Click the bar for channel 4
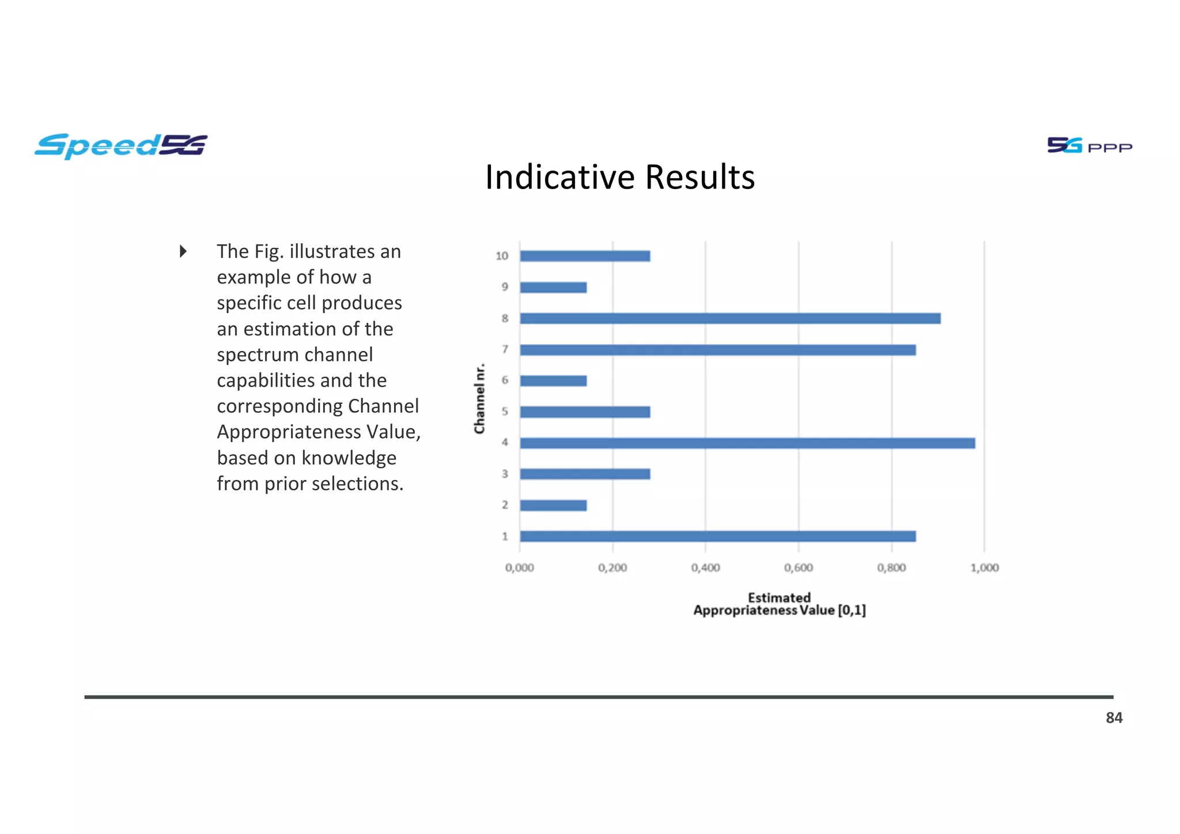click(x=747, y=443)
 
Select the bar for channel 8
click(x=729, y=318)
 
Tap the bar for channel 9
click(x=553, y=287)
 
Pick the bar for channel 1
click(x=717, y=537)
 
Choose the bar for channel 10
click(x=585, y=256)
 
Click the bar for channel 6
click(x=553, y=381)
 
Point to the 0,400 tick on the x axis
click(x=705, y=568)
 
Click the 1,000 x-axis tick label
click(x=984, y=568)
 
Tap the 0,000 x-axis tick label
click(x=519, y=568)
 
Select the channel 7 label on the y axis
click(x=505, y=349)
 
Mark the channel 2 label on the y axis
click(x=505, y=505)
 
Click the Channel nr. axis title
click(x=479, y=398)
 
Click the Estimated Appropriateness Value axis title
click(x=779, y=604)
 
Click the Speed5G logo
click(x=121, y=146)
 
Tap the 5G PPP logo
click(x=1089, y=146)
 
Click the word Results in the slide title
click(x=699, y=177)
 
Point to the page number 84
click(x=1114, y=718)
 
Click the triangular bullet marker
click(x=183, y=251)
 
